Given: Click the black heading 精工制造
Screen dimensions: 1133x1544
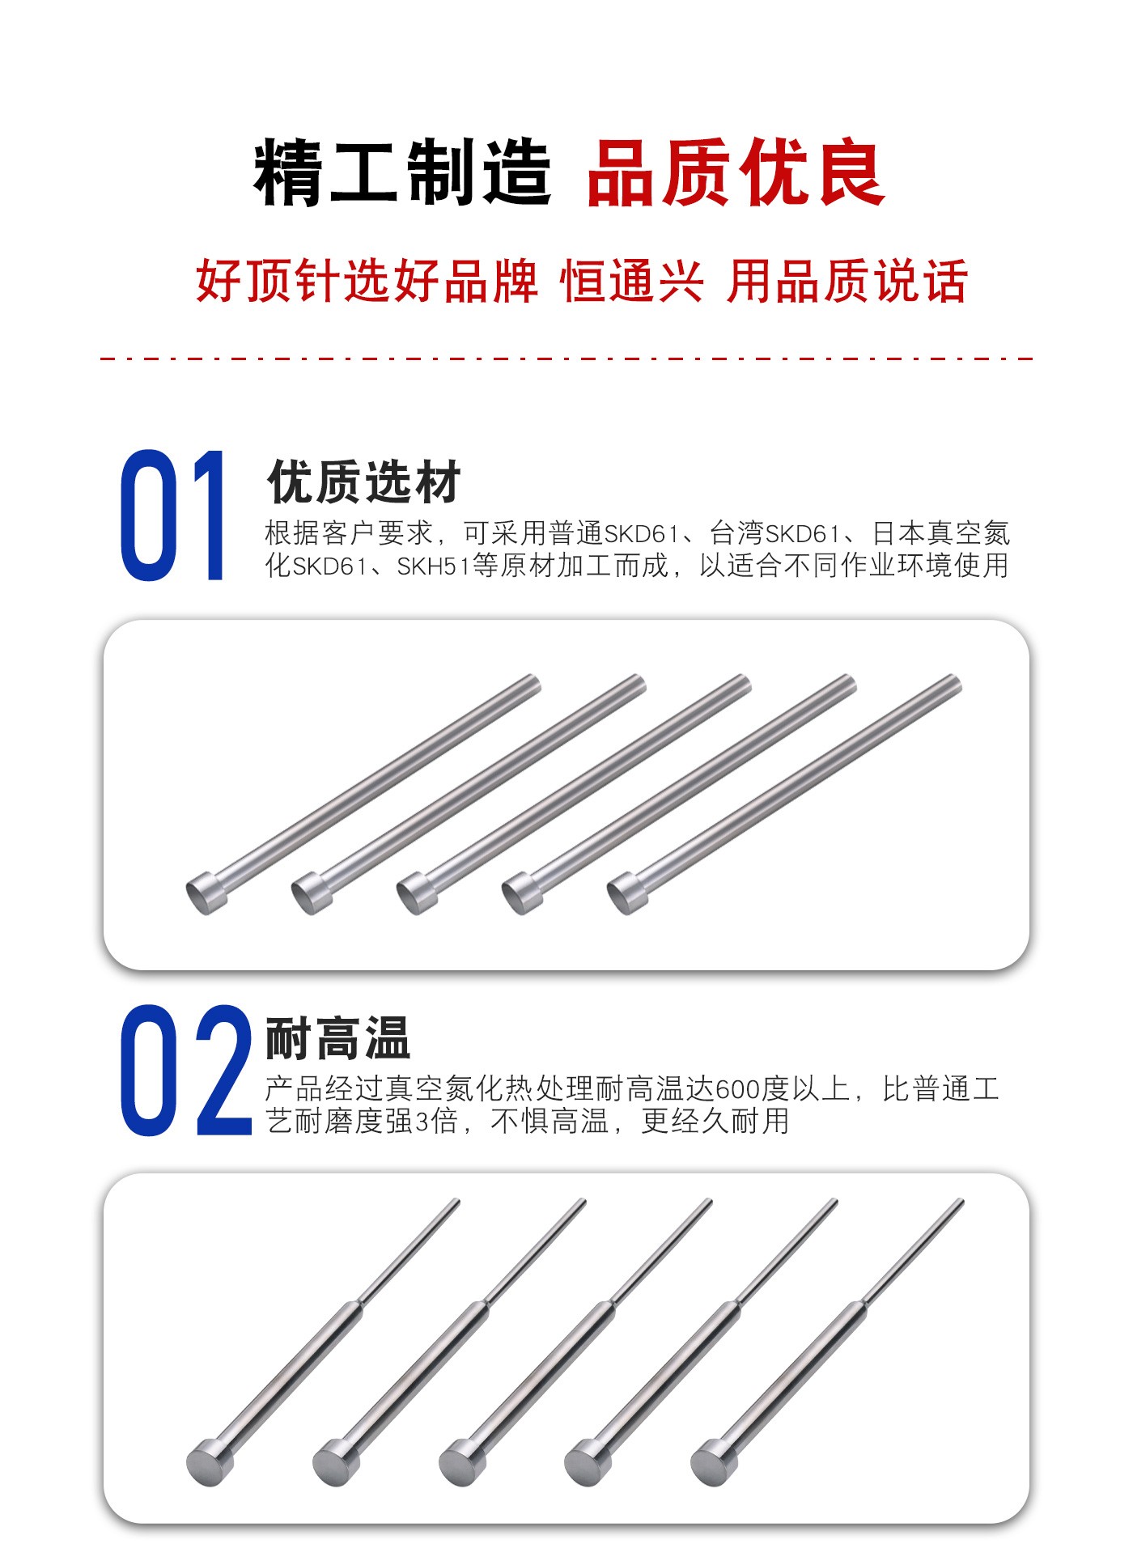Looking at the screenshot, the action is [x=402, y=172].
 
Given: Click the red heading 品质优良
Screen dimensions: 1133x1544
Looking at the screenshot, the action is [x=736, y=172].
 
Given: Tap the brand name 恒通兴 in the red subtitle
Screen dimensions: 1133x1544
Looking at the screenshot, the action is [x=631, y=282].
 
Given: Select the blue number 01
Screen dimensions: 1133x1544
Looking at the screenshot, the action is [x=172, y=515].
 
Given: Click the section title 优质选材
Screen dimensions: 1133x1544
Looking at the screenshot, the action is [x=363, y=482].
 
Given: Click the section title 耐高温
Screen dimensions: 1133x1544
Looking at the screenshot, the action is [x=338, y=1037].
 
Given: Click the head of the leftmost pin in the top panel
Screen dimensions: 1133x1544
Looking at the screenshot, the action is [x=207, y=893].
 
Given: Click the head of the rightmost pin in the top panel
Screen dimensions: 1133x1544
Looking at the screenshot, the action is [x=628, y=893].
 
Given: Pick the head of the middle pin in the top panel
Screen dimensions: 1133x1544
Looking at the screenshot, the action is [x=418, y=893].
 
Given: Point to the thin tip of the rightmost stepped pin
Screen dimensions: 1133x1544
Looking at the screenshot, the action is [x=961, y=1202].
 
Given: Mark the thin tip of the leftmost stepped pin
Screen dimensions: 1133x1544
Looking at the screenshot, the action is [x=456, y=1202].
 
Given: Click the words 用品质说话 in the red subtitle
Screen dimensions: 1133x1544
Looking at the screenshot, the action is [x=847, y=282].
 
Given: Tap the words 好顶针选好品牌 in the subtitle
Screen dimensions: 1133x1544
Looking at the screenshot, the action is [x=367, y=282].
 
